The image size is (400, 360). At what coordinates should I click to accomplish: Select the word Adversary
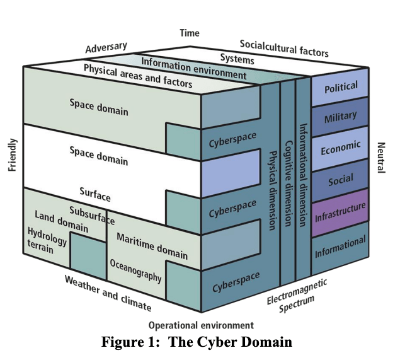(106, 48)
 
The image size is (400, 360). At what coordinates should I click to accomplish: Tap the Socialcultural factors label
(284, 48)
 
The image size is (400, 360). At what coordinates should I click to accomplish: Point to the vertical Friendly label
(13, 155)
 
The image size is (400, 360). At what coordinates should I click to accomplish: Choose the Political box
(341, 88)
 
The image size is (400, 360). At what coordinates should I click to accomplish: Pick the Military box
(341, 117)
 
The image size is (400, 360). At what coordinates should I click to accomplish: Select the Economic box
(341, 149)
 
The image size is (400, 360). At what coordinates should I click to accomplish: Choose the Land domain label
(61, 221)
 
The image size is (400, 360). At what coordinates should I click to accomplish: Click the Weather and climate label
(108, 294)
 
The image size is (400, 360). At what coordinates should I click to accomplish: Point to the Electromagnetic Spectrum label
(296, 296)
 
